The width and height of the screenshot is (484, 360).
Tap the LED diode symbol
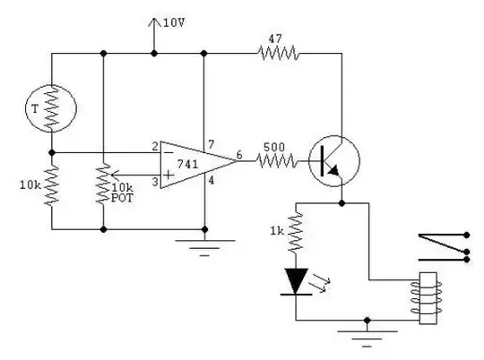(x=296, y=281)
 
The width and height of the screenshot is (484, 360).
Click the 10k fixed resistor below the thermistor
(x=51, y=190)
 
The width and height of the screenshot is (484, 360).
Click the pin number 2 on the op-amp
(x=154, y=146)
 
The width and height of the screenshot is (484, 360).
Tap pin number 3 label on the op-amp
(x=154, y=183)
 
